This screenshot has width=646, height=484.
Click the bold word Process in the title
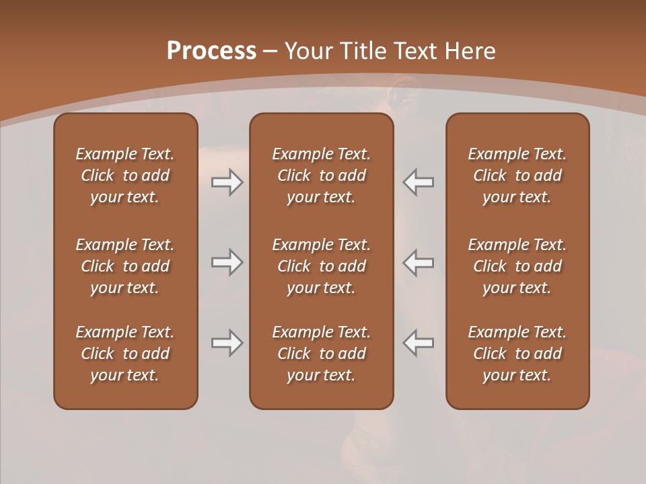click(211, 51)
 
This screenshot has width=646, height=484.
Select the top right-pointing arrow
click(227, 182)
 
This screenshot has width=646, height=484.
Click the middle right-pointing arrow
click(227, 262)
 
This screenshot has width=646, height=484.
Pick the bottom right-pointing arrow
click(227, 343)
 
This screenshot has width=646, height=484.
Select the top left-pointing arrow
click(419, 182)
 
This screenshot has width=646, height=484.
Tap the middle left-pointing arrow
click(419, 262)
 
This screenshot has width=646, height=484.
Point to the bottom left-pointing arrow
click(419, 343)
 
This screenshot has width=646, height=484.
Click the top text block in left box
click(125, 175)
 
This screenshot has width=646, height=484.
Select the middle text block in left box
click(125, 266)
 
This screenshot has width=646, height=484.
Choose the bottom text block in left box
click(125, 354)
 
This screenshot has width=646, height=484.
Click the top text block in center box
click(321, 175)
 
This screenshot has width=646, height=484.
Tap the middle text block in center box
click(321, 266)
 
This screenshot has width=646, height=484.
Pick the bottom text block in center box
click(321, 354)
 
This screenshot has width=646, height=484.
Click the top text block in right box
click(517, 175)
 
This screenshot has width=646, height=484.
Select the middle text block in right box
click(517, 266)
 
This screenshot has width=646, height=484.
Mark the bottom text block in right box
click(517, 354)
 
